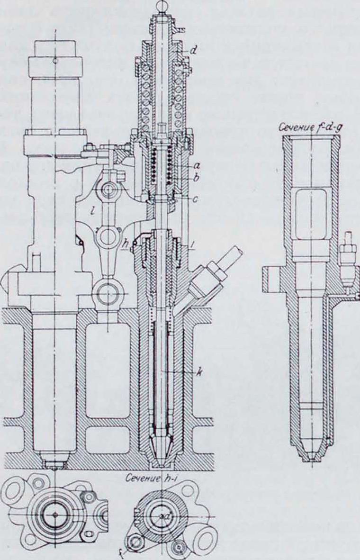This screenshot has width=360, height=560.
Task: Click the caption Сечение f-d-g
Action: click(309, 127)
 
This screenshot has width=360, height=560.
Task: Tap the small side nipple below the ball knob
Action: click(179, 30)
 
